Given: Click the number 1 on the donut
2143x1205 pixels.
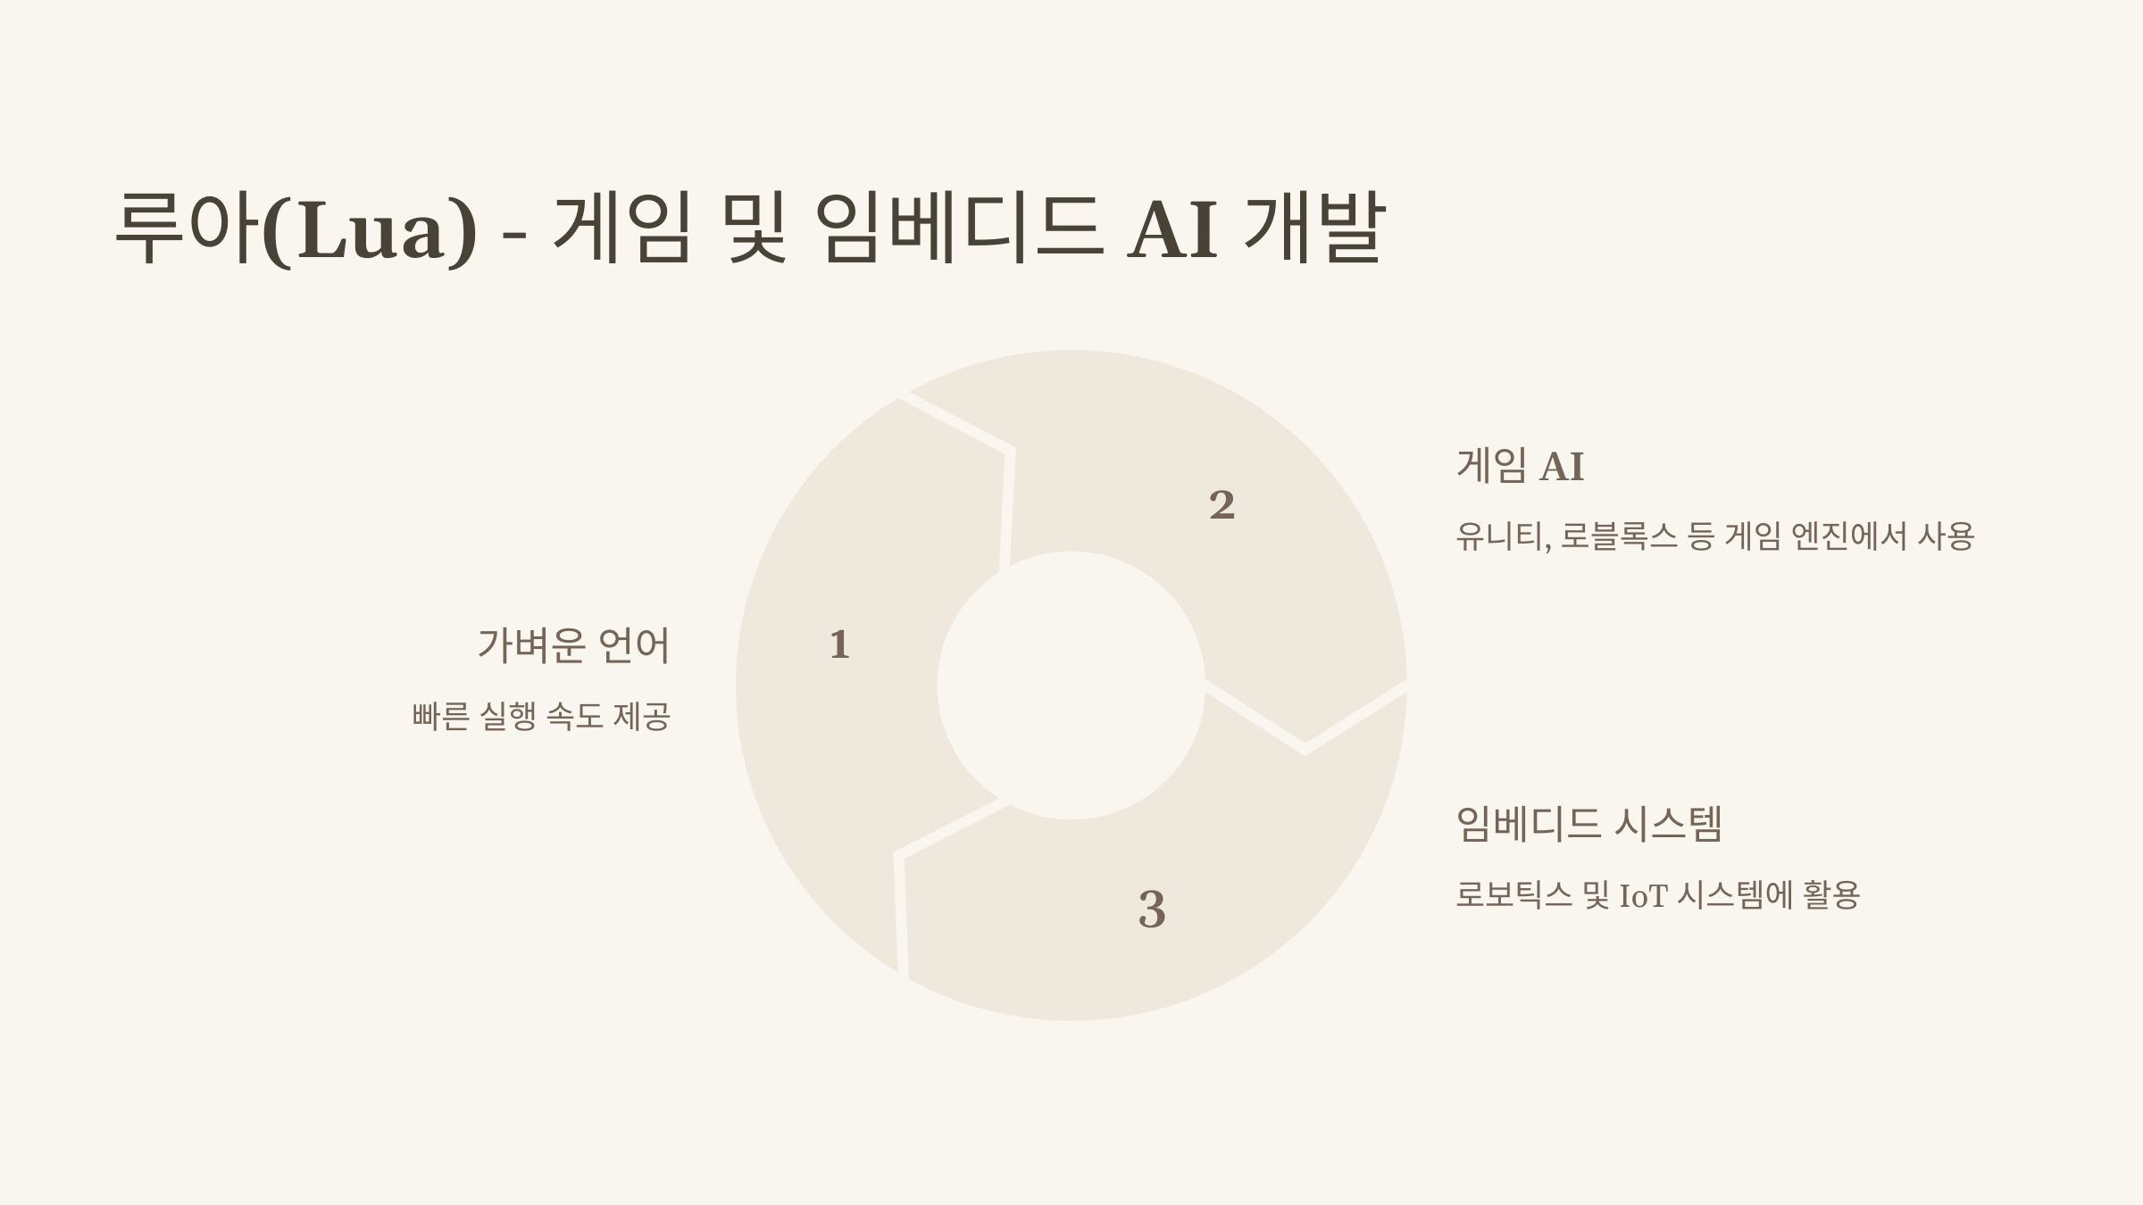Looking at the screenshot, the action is click(839, 644).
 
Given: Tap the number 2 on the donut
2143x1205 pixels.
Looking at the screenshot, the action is click(1222, 505).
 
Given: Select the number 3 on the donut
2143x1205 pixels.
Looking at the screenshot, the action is click(1152, 910).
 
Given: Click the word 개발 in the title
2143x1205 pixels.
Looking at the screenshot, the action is click(1313, 229).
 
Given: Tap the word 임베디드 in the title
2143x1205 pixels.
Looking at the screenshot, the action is click(960, 229).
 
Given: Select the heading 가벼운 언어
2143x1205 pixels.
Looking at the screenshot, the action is click(573, 645).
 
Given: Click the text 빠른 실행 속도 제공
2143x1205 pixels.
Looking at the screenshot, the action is click(541, 716).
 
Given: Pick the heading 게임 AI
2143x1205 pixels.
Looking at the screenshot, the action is click(1520, 466).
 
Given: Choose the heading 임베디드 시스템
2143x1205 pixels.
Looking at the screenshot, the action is click(1588, 823).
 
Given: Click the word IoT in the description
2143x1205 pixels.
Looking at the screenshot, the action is click(1643, 895).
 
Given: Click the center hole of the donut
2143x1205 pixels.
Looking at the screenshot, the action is click(1071, 686).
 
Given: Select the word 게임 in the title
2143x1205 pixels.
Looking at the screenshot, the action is click(622, 229).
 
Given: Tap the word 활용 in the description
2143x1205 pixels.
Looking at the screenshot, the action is click(1830, 894).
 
